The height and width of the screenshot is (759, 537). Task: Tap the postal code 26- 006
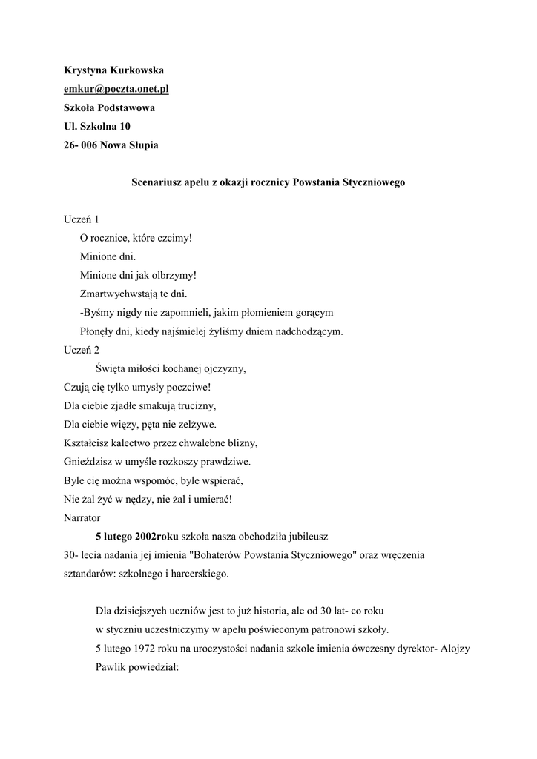point(81,145)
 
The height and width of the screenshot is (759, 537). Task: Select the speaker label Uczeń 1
point(82,220)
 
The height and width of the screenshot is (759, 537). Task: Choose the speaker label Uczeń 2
point(82,350)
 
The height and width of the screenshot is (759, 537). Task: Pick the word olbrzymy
point(174,276)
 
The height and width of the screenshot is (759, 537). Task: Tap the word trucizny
point(195,405)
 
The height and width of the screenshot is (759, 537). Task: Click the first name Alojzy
point(455,647)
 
